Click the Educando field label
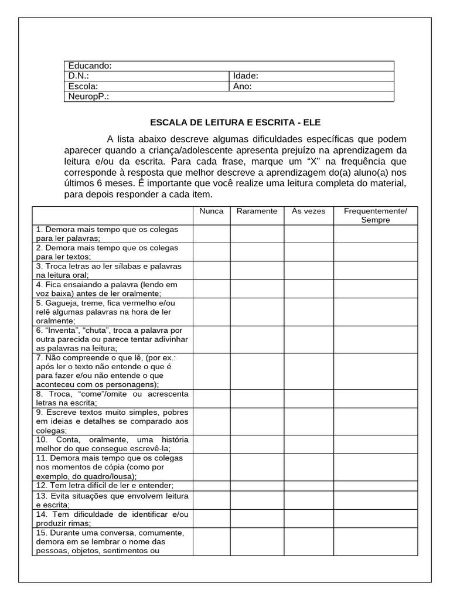(90, 66)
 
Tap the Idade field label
(246, 76)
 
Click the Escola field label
(83, 86)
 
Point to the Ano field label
(243, 86)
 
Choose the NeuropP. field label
(88, 96)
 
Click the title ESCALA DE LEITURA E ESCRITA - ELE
(236, 122)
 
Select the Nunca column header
(212, 211)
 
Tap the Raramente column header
(257, 211)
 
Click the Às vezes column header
(309, 211)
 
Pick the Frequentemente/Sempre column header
(375, 215)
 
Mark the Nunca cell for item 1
(212, 234)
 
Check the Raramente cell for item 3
(257, 270)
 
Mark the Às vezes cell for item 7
(309, 371)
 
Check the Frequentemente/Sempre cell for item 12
(375, 486)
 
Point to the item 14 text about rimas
(112, 519)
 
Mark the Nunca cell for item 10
(212, 444)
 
